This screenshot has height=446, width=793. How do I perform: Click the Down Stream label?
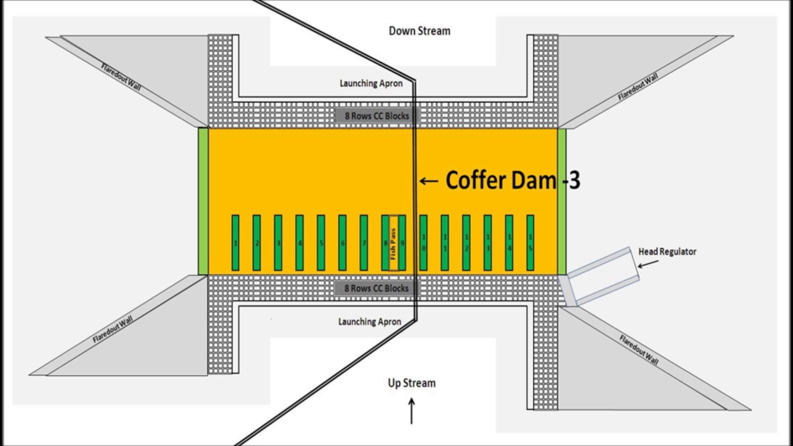tap(419, 31)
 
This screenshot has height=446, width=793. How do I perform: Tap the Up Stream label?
tap(411, 383)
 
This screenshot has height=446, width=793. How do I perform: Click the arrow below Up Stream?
tap(411, 411)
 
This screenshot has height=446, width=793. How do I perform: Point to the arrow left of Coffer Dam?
tap(429, 181)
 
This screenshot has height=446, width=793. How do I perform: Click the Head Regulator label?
tap(667, 251)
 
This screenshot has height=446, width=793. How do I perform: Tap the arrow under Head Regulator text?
tap(648, 264)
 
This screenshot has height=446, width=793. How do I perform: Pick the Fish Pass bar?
tap(393, 243)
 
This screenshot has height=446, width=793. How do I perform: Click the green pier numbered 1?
tap(235, 243)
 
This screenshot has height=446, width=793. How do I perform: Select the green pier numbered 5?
tap(321, 243)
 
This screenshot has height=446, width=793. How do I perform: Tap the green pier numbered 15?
tap(530, 243)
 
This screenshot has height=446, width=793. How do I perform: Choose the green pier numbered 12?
tap(466, 243)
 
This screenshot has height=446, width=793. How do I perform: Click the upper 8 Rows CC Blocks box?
tap(377, 116)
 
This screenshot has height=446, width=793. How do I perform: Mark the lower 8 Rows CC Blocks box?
tap(376, 288)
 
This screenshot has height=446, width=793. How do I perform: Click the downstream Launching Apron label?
tap(371, 83)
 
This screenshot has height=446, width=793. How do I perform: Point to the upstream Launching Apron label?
tap(369, 321)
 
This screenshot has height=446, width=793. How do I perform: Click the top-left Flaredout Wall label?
tap(121, 76)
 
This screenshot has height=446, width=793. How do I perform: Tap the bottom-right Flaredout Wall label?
tap(639, 349)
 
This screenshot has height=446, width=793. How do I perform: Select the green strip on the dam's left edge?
tap(203, 201)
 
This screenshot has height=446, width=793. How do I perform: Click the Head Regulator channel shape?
tap(604, 277)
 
